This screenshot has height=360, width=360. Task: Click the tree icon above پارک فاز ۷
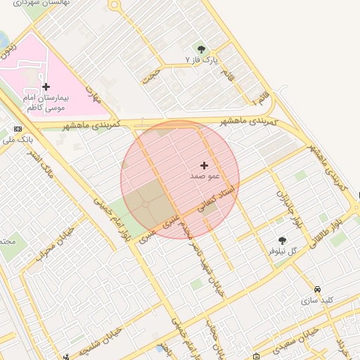(202, 49)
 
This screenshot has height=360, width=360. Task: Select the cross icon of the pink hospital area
(46, 87)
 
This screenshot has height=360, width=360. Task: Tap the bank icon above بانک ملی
(18, 129)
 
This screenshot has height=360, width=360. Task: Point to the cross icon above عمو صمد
(205, 165)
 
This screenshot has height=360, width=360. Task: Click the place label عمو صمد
(205, 176)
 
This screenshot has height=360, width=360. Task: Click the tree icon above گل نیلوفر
(283, 240)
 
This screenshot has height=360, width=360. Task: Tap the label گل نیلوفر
(283, 250)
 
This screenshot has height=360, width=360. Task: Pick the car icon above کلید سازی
(318, 289)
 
